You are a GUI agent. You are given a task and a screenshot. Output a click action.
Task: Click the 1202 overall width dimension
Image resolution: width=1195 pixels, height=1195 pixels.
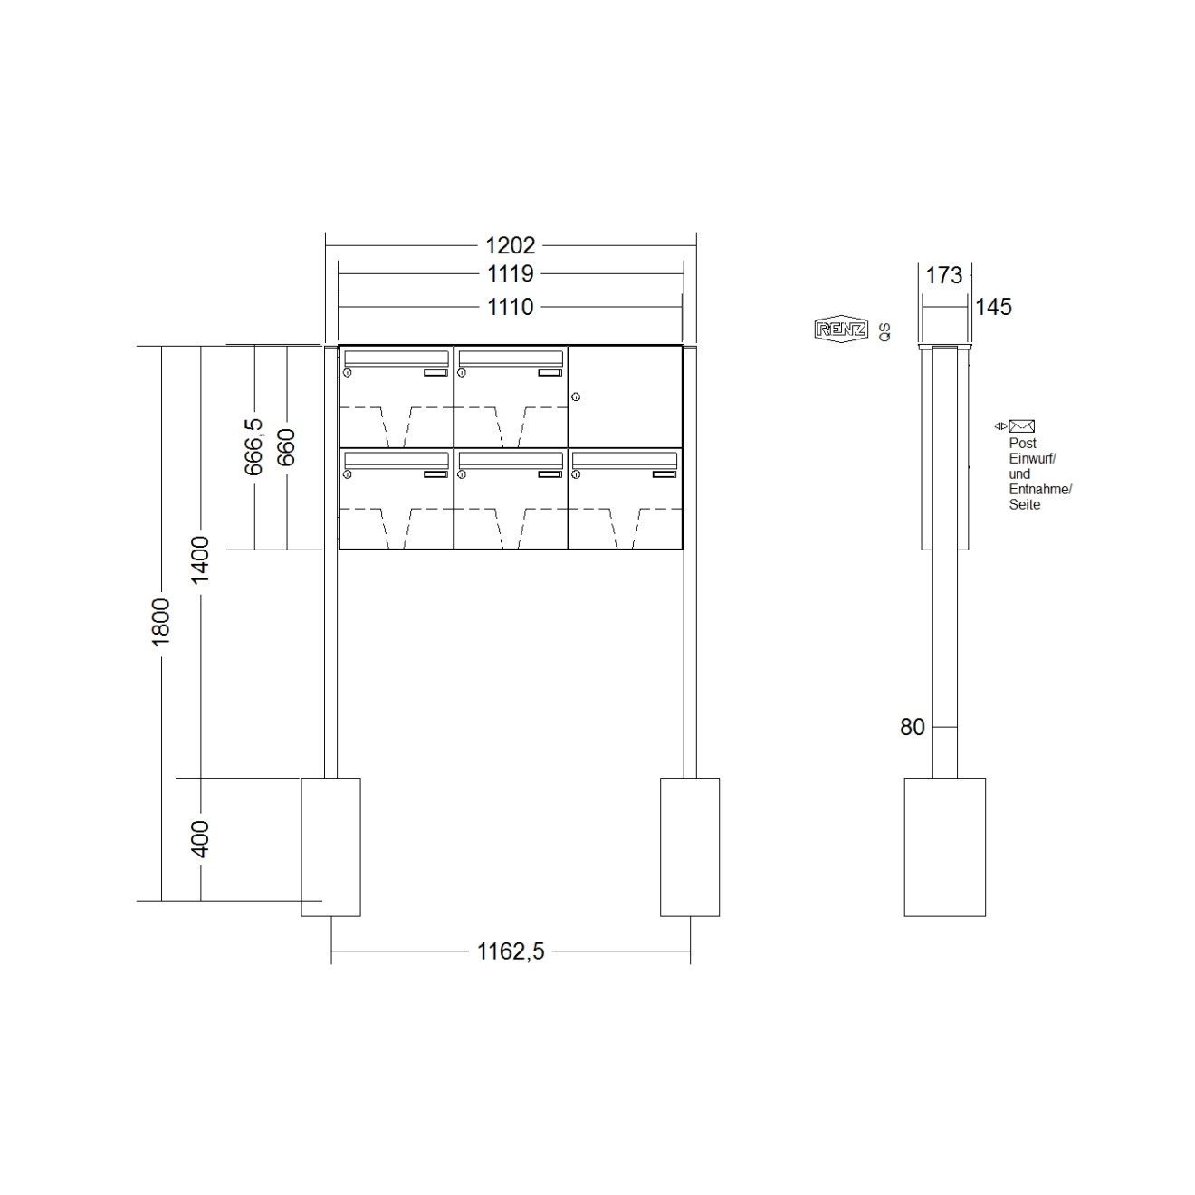click(x=511, y=245)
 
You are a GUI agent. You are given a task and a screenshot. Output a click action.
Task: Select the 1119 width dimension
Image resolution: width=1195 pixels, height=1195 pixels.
click(x=511, y=273)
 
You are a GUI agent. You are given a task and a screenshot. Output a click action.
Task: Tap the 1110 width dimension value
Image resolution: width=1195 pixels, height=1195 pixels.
click(x=511, y=307)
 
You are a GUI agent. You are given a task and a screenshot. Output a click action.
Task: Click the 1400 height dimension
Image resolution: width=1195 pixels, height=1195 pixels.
click(x=200, y=559)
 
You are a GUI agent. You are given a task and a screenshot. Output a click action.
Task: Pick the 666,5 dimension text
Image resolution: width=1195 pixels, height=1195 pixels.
click(x=253, y=446)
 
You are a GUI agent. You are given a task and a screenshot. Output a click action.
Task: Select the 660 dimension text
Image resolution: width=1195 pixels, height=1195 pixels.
click(x=287, y=447)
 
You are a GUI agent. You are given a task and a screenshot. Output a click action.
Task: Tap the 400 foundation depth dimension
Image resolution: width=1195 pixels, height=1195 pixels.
click(x=200, y=839)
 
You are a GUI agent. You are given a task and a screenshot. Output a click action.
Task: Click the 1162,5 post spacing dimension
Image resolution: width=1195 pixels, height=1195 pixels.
click(x=511, y=951)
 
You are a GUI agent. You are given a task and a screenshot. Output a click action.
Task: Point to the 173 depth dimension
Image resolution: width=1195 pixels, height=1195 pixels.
click(x=944, y=275)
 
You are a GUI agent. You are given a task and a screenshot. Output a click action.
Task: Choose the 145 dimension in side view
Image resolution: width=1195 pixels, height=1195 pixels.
click(x=993, y=307)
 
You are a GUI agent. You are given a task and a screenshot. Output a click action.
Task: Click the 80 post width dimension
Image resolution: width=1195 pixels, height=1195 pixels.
click(x=913, y=727)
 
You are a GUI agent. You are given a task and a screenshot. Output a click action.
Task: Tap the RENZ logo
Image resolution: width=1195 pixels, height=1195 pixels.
click(x=841, y=330)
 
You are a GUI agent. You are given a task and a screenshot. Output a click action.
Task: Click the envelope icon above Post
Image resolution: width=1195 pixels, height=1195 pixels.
click(x=1022, y=426)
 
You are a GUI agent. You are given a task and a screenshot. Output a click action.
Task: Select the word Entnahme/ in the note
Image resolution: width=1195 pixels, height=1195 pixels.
click(x=1040, y=490)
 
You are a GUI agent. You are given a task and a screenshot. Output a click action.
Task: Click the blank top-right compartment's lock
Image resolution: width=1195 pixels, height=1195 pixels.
click(x=576, y=397)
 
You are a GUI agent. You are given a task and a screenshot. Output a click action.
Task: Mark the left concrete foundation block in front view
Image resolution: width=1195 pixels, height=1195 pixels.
click(x=330, y=846)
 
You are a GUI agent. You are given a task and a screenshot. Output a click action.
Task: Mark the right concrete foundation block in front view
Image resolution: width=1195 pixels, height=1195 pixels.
click(x=690, y=846)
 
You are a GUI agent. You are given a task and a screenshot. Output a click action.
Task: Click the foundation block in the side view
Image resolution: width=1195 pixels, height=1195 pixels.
click(x=944, y=846)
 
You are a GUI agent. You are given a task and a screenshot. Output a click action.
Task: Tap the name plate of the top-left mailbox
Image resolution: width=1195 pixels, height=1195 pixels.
click(x=435, y=372)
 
